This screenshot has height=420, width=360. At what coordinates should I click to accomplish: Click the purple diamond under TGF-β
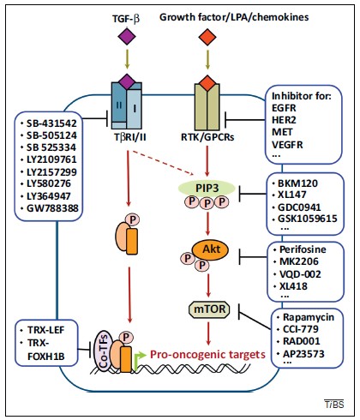(x=127, y=37)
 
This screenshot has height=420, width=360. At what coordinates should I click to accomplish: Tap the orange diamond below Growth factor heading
(x=207, y=37)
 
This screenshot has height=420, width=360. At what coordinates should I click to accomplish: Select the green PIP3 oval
(x=207, y=188)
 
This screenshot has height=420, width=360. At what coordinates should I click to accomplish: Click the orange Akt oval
(x=211, y=250)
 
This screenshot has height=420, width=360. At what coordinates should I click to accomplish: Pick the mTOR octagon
(x=210, y=309)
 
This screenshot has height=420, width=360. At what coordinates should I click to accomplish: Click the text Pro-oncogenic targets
(x=207, y=355)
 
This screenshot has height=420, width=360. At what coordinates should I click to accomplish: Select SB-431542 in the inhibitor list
(x=51, y=123)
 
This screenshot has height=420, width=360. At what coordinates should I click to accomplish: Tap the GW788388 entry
(x=52, y=208)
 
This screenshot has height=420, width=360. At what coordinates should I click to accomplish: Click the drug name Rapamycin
(x=309, y=317)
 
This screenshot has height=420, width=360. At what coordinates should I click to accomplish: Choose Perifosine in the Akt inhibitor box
(x=303, y=249)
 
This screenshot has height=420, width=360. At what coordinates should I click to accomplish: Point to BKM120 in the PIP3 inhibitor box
(x=297, y=183)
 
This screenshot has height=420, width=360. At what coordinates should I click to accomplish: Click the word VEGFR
(x=287, y=145)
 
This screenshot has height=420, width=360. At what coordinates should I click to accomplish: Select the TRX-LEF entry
(x=46, y=330)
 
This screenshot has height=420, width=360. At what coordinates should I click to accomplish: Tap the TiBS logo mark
(x=334, y=405)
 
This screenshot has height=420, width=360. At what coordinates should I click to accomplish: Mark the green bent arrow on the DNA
(x=140, y=361)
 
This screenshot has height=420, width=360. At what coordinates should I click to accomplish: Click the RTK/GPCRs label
(x=207, y=137)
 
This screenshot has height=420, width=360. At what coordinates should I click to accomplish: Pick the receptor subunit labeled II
(x=119, y=105)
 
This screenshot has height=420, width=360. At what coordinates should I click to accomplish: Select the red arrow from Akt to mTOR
(x=208, y=285)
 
